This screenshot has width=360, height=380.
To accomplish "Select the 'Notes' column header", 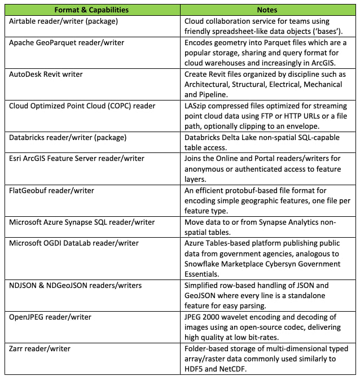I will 267,10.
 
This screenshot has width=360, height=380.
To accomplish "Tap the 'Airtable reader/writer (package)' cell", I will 63,20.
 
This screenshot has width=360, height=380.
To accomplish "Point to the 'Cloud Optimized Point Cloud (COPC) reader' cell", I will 82,106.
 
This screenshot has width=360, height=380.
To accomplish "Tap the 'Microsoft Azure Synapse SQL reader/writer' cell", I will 82,222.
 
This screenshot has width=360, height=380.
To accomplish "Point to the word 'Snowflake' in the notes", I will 204,265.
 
